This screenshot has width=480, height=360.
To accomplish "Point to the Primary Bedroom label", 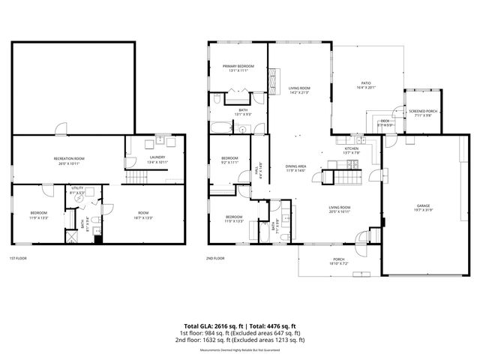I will coord(238,68).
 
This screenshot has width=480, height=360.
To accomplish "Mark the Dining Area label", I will coord(295,168).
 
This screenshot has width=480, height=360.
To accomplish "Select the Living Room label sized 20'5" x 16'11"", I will coord(340,210).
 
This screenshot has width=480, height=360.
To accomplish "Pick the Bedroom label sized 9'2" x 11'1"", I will coord(229,160).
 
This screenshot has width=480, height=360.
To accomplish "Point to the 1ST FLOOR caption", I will coord(18,258).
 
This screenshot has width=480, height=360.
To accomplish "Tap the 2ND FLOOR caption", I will coord(214,258).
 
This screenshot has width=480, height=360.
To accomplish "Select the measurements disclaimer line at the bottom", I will coord(240,349).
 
